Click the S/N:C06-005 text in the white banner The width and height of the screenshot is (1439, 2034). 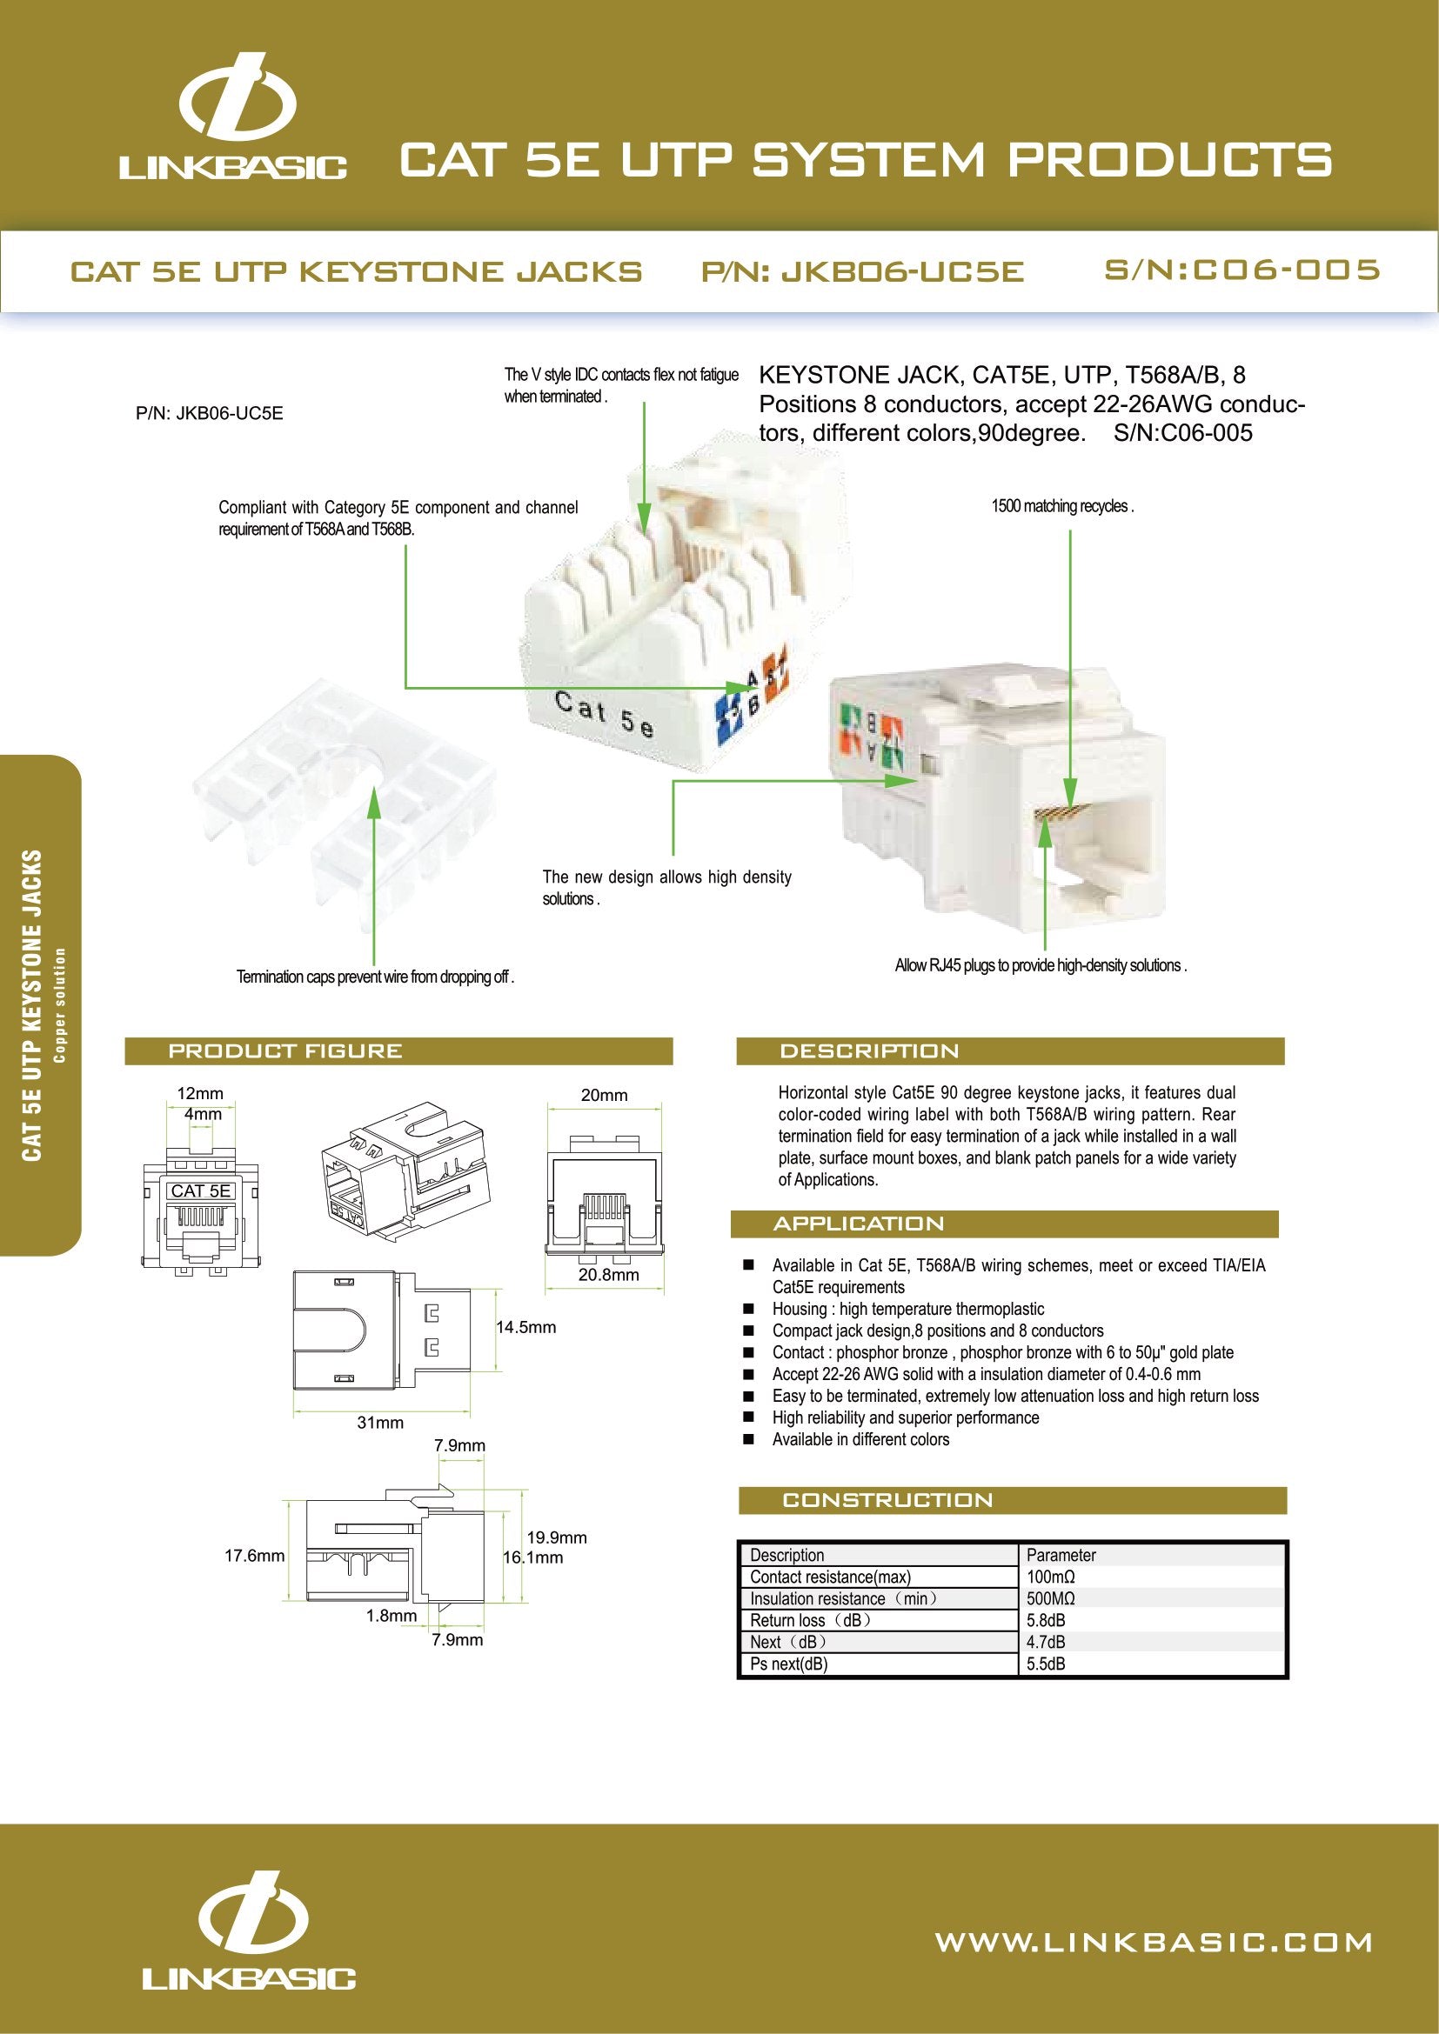[1242, 270]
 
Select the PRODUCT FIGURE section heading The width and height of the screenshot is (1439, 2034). [284, 1051]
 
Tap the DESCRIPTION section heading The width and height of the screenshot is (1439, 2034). [868, 1051]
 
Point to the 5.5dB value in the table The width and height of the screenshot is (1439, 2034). [1046, 1664]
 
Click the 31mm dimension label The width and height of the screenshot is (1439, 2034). [379, 1423]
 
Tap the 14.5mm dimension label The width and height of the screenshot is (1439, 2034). [525, 1327]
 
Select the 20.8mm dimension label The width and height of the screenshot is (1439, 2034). [608, 1275]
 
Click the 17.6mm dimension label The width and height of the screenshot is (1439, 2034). [254, 1556]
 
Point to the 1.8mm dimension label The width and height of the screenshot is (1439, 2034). [391, 1616]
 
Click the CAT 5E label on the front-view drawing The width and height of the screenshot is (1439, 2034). [200, 1191]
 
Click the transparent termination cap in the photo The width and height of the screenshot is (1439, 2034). [345, 806]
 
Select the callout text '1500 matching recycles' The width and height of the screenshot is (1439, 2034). [1061, 507]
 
